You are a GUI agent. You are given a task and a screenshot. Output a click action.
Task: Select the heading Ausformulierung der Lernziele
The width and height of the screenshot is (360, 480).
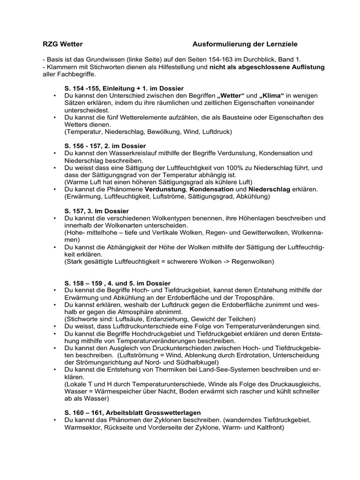[x=245, y=44]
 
